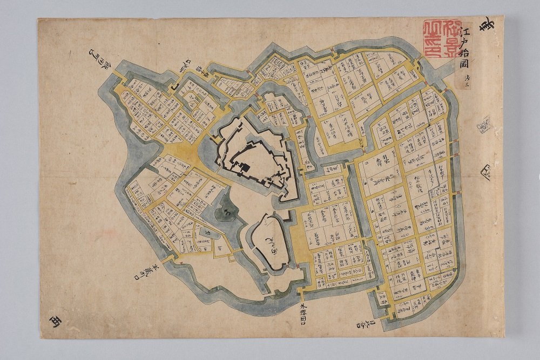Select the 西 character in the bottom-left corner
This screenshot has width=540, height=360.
pos(55,322)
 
